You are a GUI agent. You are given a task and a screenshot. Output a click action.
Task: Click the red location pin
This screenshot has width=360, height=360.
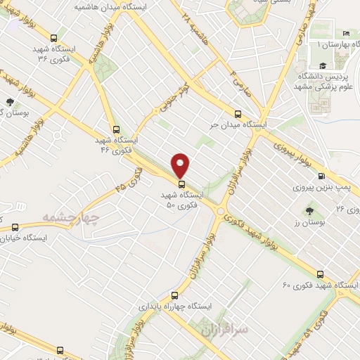[181, 165]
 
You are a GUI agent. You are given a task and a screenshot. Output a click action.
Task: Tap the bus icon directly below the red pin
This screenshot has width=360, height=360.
[182, 185]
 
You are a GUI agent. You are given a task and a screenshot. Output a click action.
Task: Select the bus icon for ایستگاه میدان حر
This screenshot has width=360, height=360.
[237, 112]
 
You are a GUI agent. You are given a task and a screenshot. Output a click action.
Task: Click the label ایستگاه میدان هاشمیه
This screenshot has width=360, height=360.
[106, 6]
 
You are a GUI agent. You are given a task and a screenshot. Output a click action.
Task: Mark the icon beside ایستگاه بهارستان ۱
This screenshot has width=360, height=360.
[344, 34]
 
